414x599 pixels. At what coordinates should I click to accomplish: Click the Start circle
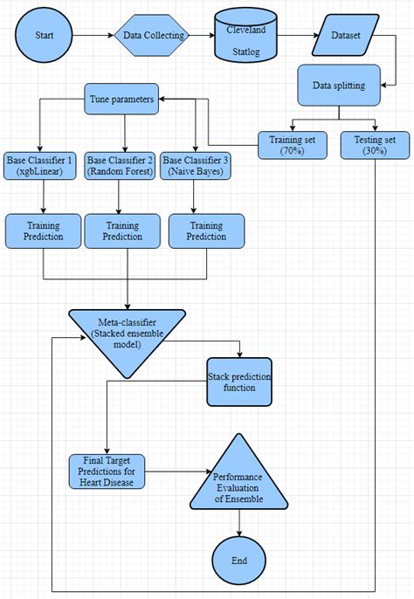tap(44, 37)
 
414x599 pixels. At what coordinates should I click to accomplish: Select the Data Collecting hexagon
tap(154, 37)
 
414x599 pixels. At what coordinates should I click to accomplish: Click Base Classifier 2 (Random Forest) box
tap(121, 167)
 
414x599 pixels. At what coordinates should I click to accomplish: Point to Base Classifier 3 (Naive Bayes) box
tap(197, 167)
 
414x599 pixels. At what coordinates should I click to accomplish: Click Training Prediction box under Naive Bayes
tap(206, 231)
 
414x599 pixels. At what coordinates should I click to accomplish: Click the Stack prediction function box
tap(239, 382)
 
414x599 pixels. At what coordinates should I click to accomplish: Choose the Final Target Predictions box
tap(107, 472)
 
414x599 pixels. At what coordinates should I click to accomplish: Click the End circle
tap(238, 560)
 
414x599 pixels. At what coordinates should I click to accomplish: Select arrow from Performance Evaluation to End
tap(238, 522)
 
